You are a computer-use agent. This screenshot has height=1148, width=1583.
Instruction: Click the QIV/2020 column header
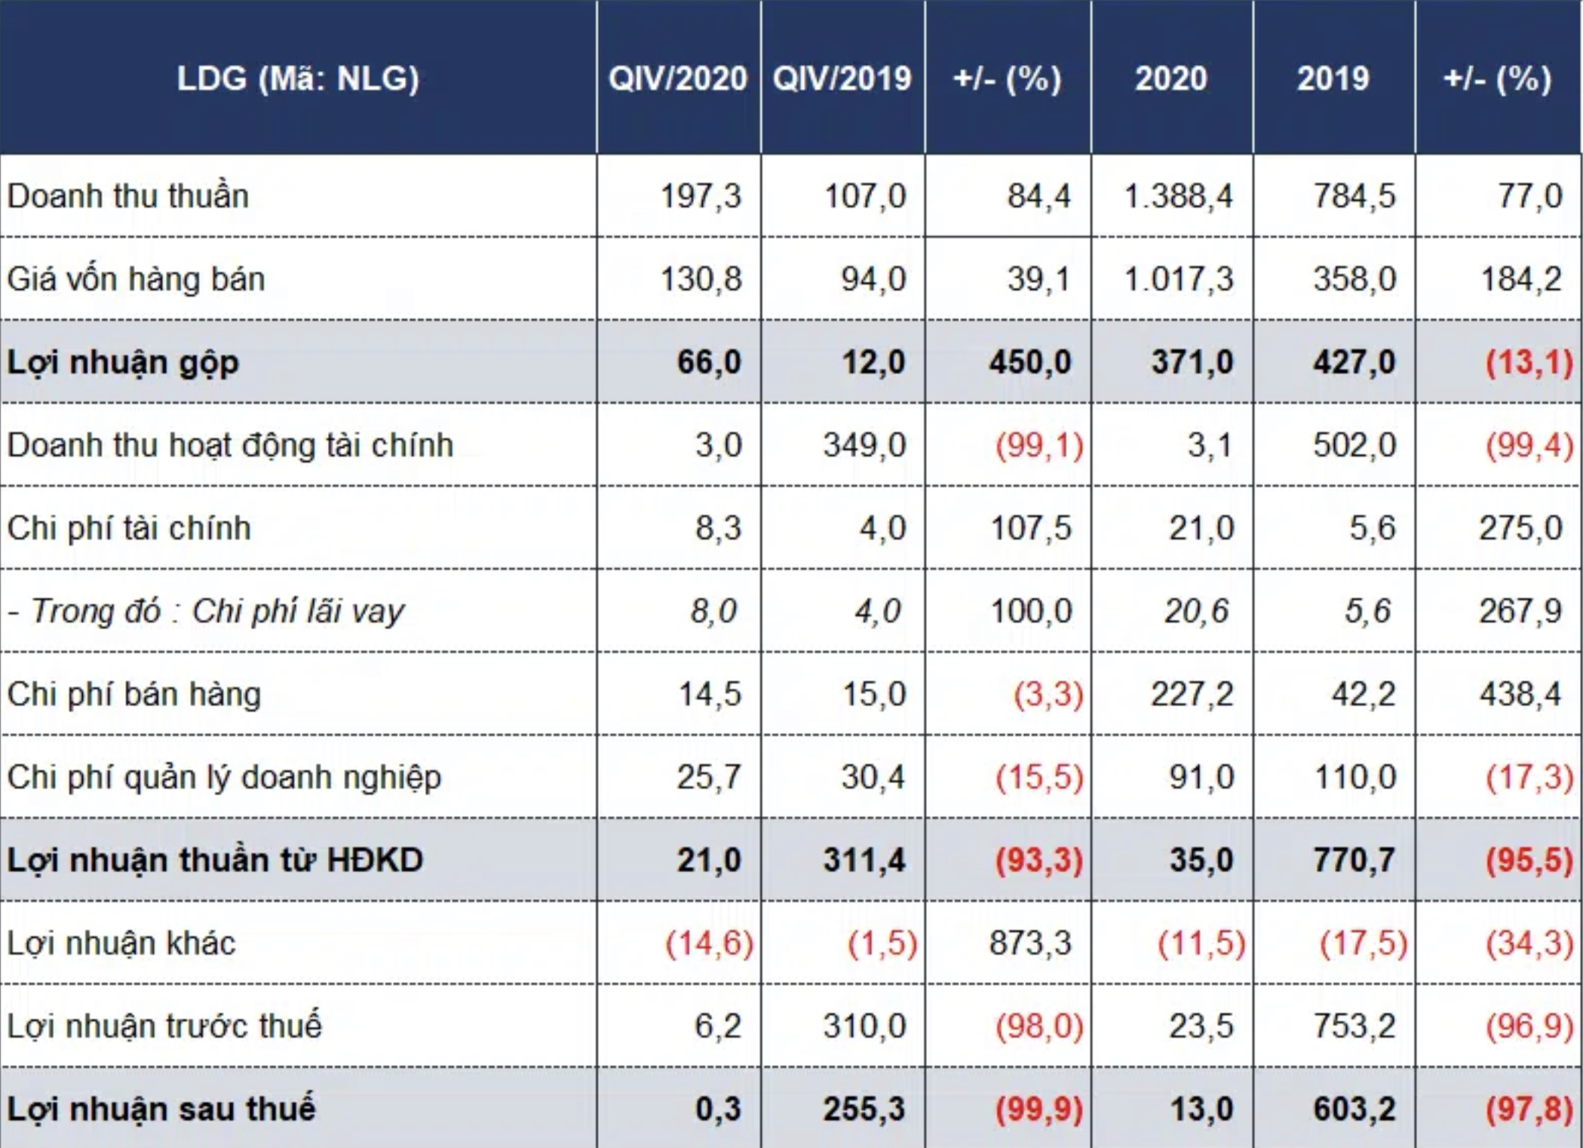[x=677, y=78]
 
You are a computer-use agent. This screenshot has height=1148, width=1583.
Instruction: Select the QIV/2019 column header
[x=842, y=78]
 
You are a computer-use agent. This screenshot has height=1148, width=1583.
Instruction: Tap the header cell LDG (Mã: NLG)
[x=298, y=78]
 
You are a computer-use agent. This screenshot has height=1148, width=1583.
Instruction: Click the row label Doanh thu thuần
[x=128, y=196]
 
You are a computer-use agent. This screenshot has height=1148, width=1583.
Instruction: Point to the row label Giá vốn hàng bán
[x=137, y=279]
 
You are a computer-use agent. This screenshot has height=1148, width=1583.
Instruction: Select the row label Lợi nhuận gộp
[x=123, y=362]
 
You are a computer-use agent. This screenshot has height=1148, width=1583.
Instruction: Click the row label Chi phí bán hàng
[x=134, y=694]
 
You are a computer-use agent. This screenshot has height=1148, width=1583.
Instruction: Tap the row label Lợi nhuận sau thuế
[x=161, y=1109]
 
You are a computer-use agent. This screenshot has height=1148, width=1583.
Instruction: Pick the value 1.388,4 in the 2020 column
[x=1178, y=196]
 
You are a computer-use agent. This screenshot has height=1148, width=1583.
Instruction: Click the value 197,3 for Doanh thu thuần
[x=701, y=196]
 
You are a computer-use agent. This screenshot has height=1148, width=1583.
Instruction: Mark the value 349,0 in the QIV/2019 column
[x=864, y=445]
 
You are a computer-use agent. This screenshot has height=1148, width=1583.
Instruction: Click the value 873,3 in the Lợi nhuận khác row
[x=1030, y=943]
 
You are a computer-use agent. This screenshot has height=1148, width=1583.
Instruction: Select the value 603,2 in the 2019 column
[x=1354, y=1109]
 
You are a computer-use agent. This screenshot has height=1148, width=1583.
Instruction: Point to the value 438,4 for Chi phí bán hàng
[x=1520, y=694]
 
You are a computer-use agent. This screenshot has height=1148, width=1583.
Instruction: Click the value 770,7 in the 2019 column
[x=1354, y=860]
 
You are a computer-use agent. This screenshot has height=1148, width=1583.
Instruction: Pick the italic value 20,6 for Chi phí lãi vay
[x=1196, y=611]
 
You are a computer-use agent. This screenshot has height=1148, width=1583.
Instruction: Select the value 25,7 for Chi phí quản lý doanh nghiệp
[x=709, y=777]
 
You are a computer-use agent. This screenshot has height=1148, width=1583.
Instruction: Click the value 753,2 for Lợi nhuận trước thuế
[x=1354, y=1026]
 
